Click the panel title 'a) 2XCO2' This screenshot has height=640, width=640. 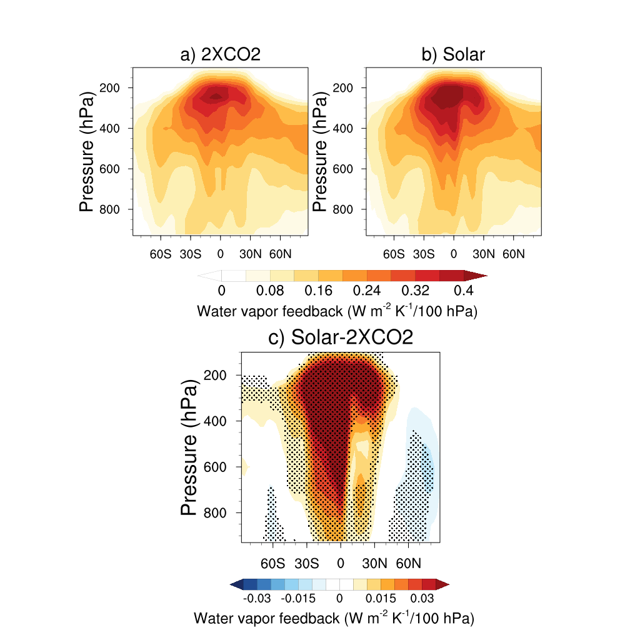(x=221, y=54)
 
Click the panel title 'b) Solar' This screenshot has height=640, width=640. (x=453, y=54)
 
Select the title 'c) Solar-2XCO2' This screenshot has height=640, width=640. (x=341, y=337)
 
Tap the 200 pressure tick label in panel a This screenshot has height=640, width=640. (x=110, y=87)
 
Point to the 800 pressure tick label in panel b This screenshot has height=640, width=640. (x=343, y=209)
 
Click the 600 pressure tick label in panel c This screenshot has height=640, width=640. (x=215, y=467)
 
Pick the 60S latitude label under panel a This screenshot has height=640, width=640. (x=161, y=254)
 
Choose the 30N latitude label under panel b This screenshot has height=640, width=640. (x=484, y=254)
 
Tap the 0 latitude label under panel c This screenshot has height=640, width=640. (x=341, y=564)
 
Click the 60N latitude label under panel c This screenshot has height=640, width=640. (x=409, y=564)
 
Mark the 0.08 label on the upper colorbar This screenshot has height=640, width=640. (x=270, y=291)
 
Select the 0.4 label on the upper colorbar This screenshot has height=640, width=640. (x=464, y=291)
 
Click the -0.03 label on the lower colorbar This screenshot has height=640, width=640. (x=257, y=598)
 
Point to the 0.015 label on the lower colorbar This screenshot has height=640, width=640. (x=381, y=598)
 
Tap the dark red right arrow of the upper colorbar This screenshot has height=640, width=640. (x=476, y=276)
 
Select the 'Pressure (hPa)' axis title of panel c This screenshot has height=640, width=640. (x=189, y=447)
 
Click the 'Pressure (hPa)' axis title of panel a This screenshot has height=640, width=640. (x=86, y=152)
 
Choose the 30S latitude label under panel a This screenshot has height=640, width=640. (x=191, y=254)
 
